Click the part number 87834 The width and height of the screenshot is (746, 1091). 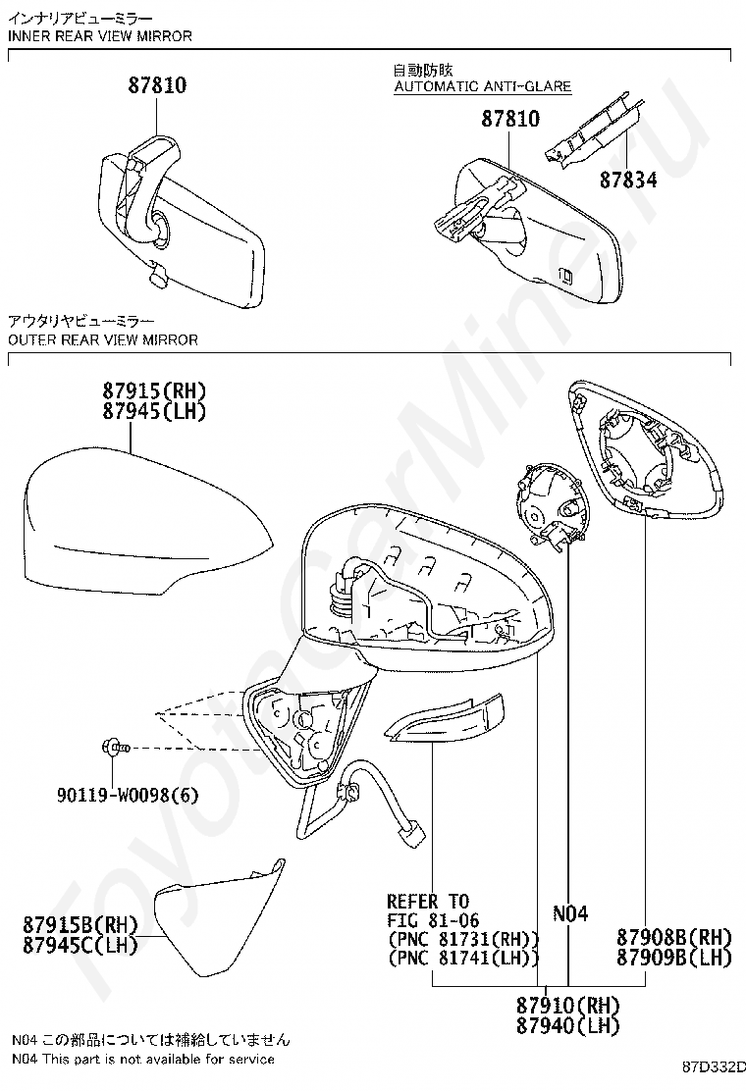(x=628, y=181)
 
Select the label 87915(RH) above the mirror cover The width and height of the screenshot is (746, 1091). (x=156, y=391)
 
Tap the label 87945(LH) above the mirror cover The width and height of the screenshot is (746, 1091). (x=156, y=411)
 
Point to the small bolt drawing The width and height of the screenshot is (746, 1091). (x=112, y=749)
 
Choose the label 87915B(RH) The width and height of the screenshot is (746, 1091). (x=80, y=924)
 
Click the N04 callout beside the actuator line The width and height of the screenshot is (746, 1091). (x=570, y=914)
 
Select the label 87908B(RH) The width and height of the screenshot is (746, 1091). (x=675, y=937)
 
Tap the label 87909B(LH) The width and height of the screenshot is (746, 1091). (x=675, y=957)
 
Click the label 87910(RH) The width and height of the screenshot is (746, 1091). (x=568, y=1006)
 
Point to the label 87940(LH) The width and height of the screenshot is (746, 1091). (x=568, y=1025)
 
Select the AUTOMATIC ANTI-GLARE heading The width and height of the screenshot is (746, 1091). (x=482, y=86)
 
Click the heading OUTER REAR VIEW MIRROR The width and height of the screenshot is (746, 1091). (x=102, y=340)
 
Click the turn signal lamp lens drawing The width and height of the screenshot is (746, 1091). (x=447, y=719)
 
